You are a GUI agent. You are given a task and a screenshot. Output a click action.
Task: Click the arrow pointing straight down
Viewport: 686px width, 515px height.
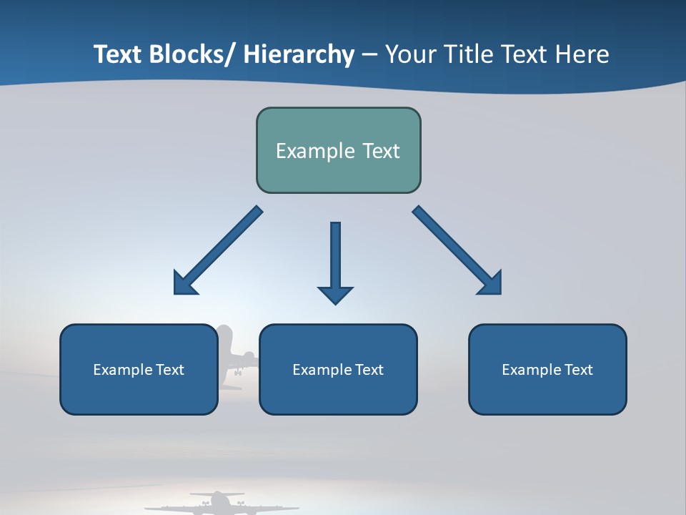335,261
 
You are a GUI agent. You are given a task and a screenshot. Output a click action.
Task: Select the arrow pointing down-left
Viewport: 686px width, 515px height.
218,250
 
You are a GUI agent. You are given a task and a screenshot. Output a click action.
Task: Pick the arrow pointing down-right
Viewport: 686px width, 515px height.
457,250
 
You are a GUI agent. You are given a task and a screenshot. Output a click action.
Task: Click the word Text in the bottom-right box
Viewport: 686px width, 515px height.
577,370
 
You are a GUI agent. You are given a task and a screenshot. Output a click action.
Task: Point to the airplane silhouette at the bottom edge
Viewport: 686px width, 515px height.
218,503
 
